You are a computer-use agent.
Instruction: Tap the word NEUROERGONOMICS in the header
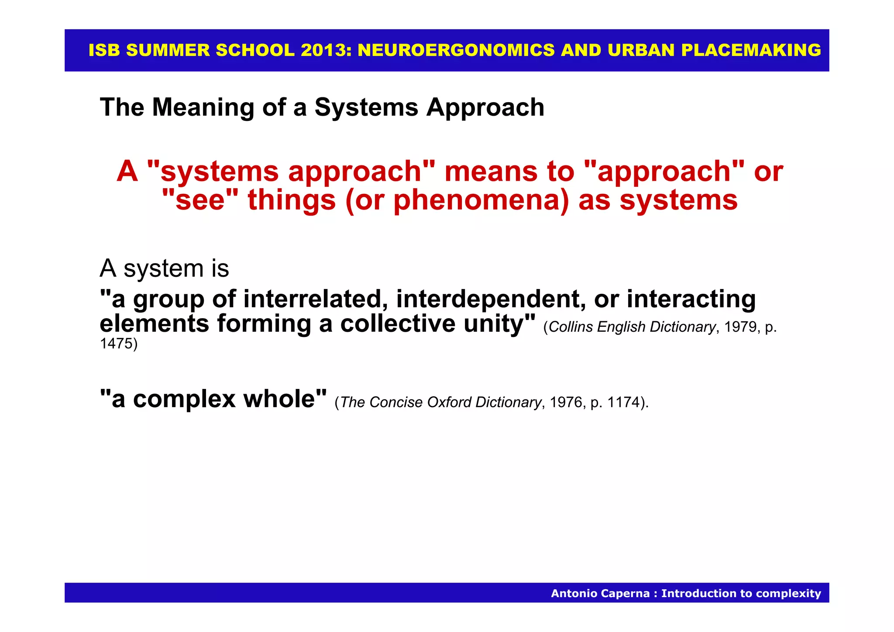tap(456, 50)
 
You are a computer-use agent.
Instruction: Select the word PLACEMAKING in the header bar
tap(751, 50)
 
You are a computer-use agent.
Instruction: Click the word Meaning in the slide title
tap(203, 107)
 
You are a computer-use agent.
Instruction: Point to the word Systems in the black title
tap(366, 107)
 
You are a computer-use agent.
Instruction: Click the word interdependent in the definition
tap(491, 299)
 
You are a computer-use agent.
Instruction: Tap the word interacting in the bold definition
tap(691, 299)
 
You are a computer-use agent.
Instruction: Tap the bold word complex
tap(184, 399)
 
